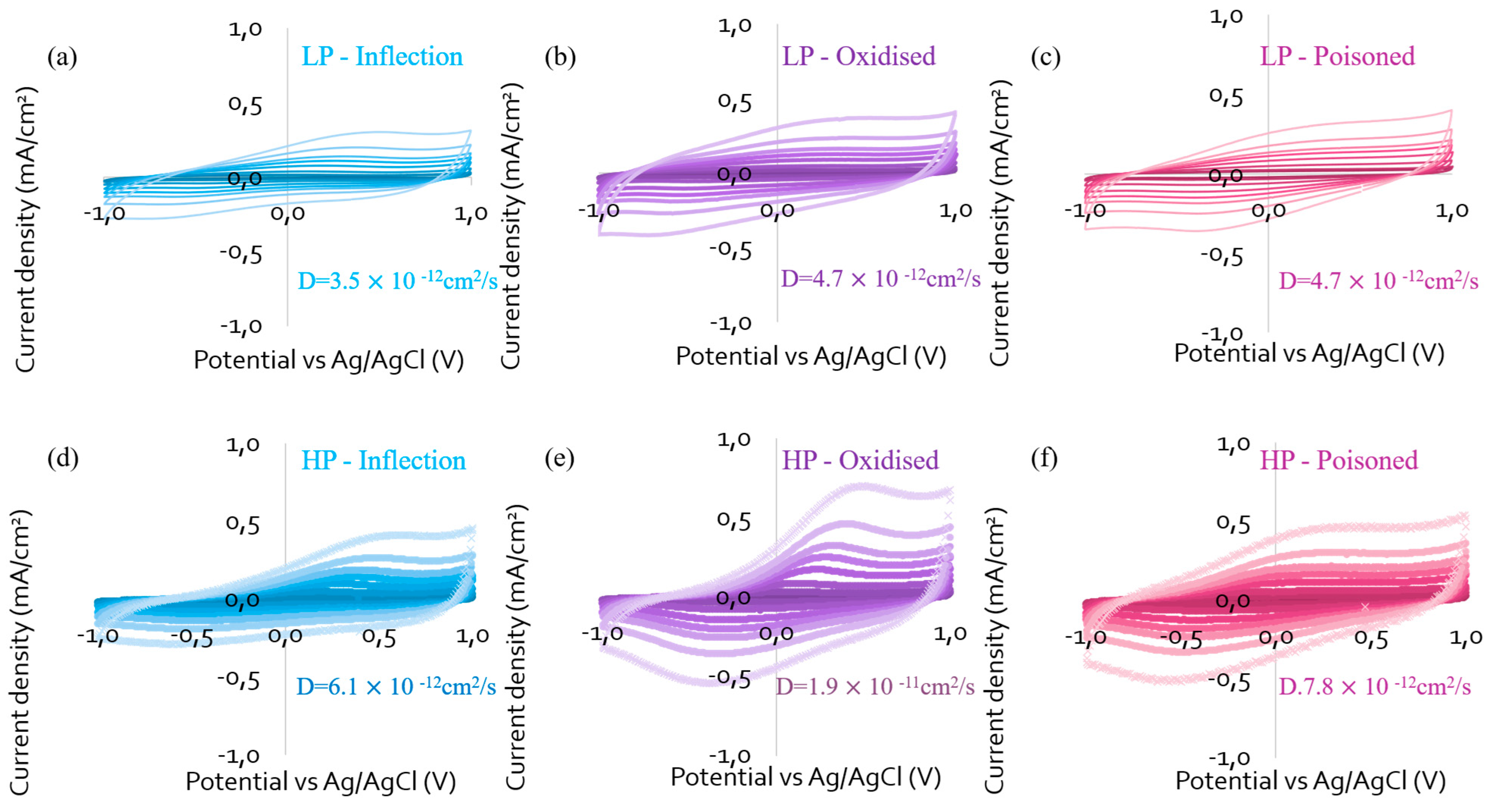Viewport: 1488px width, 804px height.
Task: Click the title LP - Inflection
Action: [x=382, y=56]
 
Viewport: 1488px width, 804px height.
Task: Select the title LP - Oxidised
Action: [x=858, y=56]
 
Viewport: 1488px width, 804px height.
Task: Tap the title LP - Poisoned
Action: [x=1337, y=56]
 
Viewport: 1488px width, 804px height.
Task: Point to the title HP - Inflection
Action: [x=383, y=461]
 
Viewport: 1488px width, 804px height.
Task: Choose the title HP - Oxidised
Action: [x=860, y=461]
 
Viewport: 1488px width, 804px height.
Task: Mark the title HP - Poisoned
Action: [x=1339, y=461]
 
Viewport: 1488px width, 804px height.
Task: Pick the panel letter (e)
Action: [x=559, y=459]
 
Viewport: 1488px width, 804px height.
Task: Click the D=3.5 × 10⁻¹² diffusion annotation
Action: [x=398, y=280]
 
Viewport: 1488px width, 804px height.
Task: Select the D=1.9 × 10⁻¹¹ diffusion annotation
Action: [x=875, y=685]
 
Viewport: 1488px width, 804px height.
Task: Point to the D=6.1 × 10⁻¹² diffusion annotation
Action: [x=396, y=685]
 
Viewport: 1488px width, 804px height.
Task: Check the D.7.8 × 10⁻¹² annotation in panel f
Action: [x=1375, y=685]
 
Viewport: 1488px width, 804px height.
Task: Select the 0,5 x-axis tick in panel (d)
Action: [x=379, y=637]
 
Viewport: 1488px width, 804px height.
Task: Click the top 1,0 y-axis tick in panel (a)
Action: [x=245, y=29]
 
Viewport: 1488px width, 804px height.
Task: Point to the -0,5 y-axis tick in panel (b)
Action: [x=731, y=250]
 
